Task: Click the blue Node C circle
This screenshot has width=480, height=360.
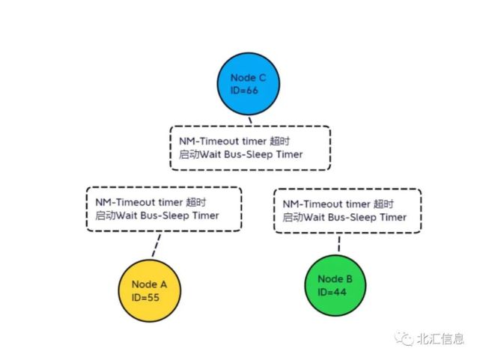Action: [249, 84]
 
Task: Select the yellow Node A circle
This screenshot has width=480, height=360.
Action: [150, 290]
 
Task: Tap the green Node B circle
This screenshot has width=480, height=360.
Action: [335, 285]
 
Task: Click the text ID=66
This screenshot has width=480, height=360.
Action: [244, 91]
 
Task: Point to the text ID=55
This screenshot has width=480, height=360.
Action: [145, 297]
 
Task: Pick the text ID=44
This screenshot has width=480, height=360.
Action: [332, 292]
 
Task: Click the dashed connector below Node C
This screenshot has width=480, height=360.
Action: [250, 120]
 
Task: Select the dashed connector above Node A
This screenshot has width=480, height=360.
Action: [156, 245]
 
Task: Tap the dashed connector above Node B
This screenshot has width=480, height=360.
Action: [339, 244]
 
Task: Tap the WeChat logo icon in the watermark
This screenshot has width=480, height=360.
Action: [404, 338]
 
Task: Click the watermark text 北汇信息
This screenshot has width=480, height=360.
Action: [440, 339]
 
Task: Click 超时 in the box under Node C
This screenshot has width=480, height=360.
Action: [279, 141]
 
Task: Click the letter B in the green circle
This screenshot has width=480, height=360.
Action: [349, 279]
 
